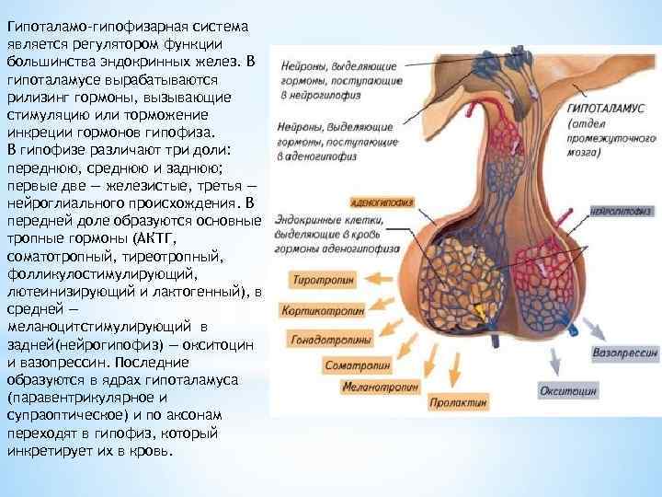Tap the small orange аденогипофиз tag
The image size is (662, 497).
379,199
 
